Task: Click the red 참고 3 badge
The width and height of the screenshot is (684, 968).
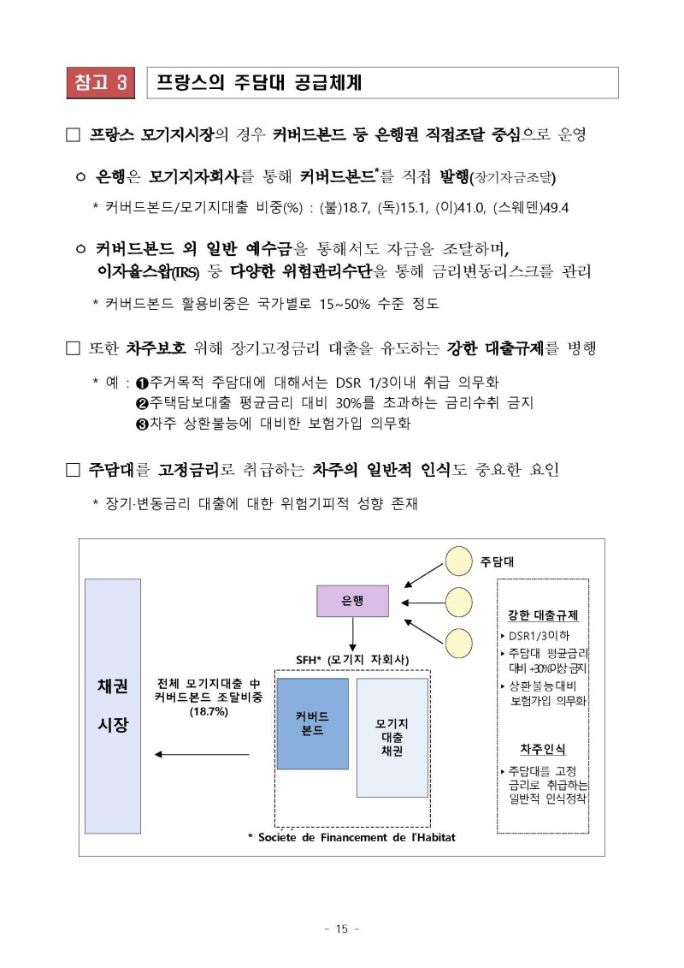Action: coord(99,83)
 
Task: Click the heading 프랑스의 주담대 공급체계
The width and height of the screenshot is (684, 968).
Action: coord(259,83)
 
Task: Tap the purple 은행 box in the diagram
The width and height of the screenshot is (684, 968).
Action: coord(352,602)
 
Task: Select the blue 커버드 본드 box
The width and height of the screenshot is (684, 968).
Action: coord(312,723)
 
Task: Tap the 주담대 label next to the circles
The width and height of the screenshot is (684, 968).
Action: coord(497,562)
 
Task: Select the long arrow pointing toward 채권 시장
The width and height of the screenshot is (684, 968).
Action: coord(202,754)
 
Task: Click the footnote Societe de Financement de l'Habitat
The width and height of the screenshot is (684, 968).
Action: coord(357,836)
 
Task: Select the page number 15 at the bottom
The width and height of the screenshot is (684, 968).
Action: coord(342,929)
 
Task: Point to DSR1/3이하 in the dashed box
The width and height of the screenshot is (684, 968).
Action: coord(538,635)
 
